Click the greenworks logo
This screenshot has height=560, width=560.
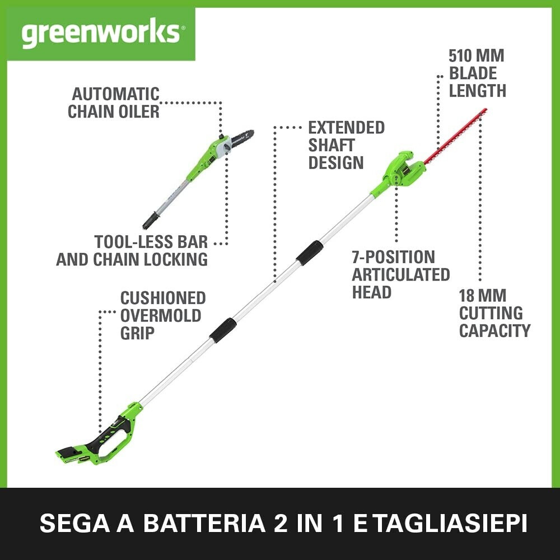(x=101, y=34)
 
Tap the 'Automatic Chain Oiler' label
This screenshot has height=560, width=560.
(x=114, y=102)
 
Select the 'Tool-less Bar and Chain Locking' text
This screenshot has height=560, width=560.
(x=132, y=250)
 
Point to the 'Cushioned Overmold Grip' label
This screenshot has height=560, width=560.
(x=162, y=315)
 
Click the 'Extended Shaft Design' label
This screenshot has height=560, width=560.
(x=346, y=145)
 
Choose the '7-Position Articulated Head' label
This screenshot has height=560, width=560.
(x=400, y=274)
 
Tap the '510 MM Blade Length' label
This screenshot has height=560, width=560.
(x=477, y=73)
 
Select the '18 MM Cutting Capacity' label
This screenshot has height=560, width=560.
(x=494, y=312)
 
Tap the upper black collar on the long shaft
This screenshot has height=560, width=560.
(x=309, y=253)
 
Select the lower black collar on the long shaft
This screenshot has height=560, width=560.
(x=222, y=330)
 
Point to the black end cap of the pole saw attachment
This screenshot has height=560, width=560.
(x=150, y=221)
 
